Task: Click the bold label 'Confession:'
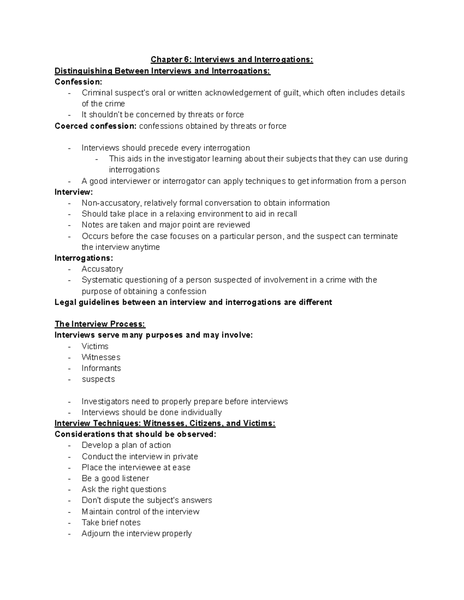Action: tap(78, 82)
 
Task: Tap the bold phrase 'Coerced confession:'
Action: tap(96, 126)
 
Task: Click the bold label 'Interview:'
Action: tap(74, 192)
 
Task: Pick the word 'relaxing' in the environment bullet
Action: tap(181, 214)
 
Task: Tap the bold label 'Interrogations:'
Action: tap(84, 258)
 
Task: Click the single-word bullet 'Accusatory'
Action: tap(102, 269)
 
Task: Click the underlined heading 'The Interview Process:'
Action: tap(100, 324)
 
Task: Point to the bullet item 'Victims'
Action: tap(95, 346)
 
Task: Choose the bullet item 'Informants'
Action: tap(101, 368)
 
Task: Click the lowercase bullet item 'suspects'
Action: tap(98, 379)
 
